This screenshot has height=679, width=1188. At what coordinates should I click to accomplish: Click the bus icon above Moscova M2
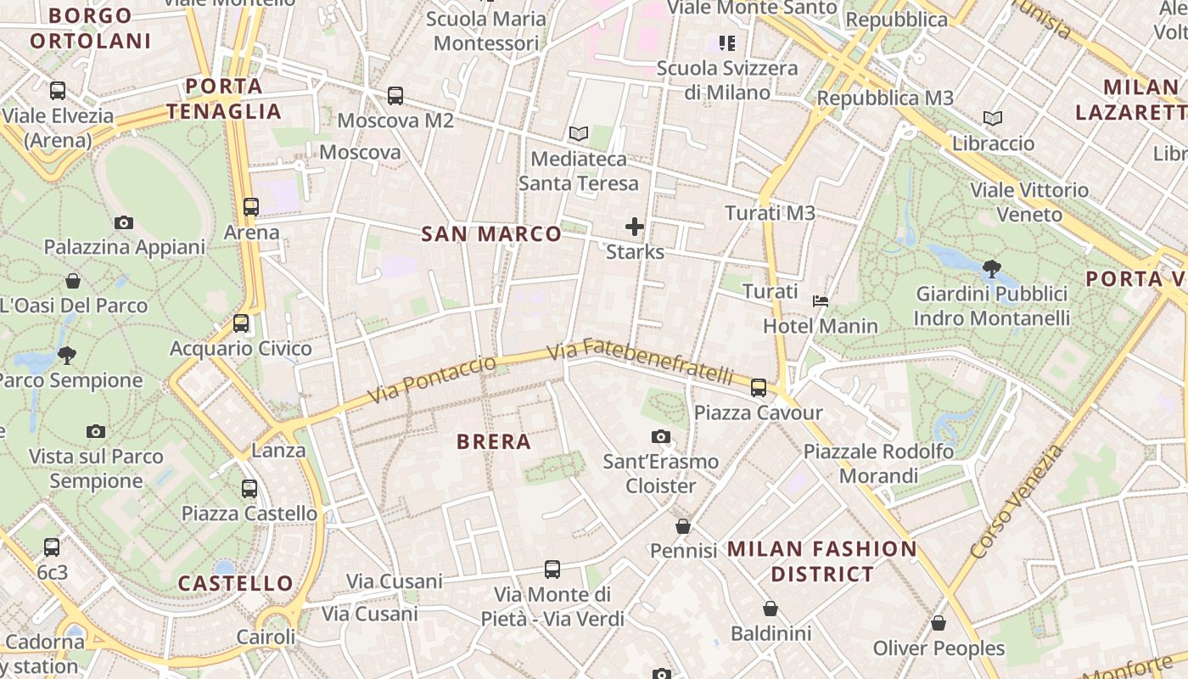pyautogui.click(x=395, y=96)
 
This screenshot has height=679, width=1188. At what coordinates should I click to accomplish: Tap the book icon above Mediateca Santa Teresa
pyautogui.click(x=579, y=134)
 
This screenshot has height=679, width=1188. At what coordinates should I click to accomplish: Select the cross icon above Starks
pyautogui.click(x=635, y=227)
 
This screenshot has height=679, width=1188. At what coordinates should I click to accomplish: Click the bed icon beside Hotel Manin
pyautogui.click(x=821, y=301)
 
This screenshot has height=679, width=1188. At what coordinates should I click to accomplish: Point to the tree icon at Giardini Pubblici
pyautogui.click(x=991, y=269)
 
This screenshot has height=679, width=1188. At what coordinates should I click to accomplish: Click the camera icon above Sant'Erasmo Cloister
pyautogui.click(x=661, y=437)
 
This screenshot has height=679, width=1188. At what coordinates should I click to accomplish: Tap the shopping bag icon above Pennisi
pyautogui.click(x=683, y=526)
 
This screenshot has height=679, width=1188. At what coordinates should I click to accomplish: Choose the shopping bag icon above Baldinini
pyautogui.click(x=771, y=609)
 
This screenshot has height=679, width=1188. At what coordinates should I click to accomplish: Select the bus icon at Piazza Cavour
pyautogui.click(x=759, y=388)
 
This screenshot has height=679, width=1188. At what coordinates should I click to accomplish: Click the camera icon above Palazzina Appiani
pyautogui.click(x=124, y=222)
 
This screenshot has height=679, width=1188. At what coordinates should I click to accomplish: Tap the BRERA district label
pyautogui.click(x=494, y=441)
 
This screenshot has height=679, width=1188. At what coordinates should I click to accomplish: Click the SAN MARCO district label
pyautogui.click(x=491, y=234)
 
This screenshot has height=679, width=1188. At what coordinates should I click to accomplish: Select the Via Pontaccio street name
pyautogui.click(x=432, y=380)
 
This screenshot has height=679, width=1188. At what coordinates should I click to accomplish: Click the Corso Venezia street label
pyautogui.click(x=1017, y=502)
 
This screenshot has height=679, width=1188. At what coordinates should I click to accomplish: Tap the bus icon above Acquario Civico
pyautogui.click(x=241, y=323)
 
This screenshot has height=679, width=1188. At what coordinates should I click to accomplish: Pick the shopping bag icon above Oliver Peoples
pyautogui.click(x=939, y=624)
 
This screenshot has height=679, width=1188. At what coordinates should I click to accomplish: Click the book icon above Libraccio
pyautogui.click(x=993, y=119)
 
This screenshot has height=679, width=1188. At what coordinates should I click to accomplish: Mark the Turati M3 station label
pyautogui.click(x=770, y=213)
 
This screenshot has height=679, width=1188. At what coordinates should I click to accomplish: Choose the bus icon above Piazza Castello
pyautogui.click(x=249, y=489)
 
